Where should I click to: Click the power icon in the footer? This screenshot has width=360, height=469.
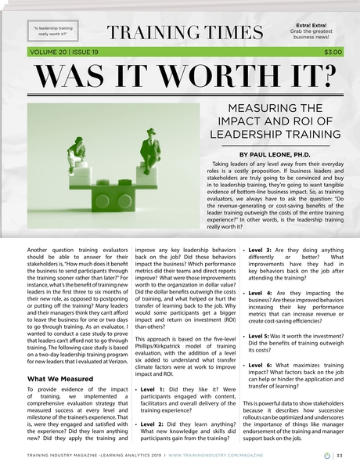click(x=326, y=453)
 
